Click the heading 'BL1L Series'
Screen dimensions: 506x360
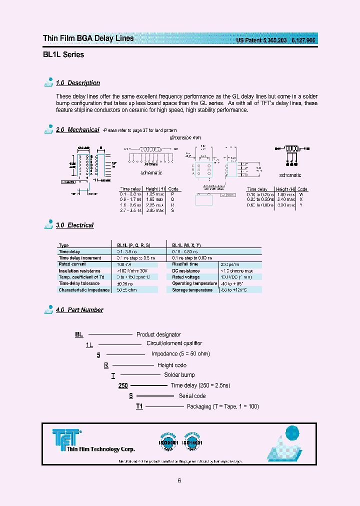[x=63, y=54]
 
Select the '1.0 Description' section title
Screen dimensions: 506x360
[x=77, y=83]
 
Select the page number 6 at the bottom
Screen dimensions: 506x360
[x=179, y=481]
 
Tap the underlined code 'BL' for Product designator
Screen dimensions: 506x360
[x=79, y=334]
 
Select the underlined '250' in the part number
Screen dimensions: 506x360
[x=123, y=385]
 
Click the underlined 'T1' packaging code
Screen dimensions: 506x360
[x=139, y=406]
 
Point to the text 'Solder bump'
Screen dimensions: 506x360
[x=179, y=375]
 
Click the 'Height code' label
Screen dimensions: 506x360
[x=172, y=365]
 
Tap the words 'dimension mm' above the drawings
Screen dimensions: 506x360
[x=184, y=137]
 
